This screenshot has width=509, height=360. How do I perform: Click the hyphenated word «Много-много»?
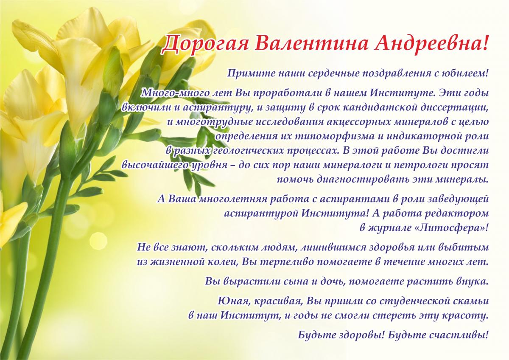click(x=173, y=93)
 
